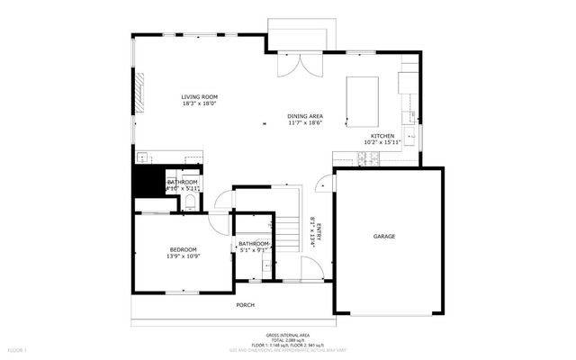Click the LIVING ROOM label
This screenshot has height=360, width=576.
pos(199,96)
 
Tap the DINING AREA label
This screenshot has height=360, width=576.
pos(305,116)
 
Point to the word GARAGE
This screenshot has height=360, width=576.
pos(384,237)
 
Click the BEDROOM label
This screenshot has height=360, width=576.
pos(183,249)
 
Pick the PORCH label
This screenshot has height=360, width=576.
pos(245,305)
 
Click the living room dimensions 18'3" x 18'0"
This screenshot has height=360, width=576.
pos(199,103)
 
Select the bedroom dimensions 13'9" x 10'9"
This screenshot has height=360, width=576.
pos(183,256)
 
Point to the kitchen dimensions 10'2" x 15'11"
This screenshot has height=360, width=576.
pos(380,142)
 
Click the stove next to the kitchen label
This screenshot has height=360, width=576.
pos(369,159)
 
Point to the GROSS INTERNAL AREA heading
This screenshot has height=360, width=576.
pos(287,333)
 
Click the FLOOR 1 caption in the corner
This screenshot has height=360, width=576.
pos(18,349)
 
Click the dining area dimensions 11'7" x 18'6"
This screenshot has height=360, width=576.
pos(305,123)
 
